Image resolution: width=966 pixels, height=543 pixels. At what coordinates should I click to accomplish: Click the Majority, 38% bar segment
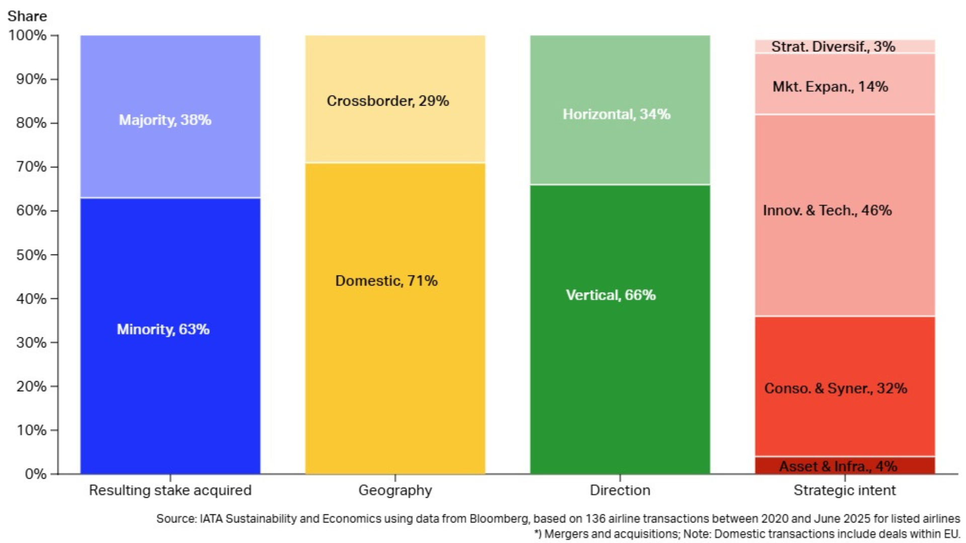click(170, 117)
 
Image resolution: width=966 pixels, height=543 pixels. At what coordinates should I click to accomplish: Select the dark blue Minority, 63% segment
click(170, 335)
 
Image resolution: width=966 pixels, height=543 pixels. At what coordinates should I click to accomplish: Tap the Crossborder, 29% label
click(387, 101)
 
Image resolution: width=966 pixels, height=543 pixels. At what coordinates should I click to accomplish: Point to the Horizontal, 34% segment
click(620, 110)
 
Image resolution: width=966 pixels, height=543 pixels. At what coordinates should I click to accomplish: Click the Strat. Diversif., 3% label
click(833, 47)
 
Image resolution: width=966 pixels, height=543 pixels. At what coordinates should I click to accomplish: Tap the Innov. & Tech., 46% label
click(827, 210)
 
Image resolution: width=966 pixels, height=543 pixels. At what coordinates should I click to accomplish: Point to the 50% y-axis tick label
click(31, 255)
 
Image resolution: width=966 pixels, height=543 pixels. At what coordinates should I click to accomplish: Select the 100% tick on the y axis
click(28, 35)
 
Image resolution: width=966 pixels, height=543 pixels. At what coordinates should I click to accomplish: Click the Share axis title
click(27, 16)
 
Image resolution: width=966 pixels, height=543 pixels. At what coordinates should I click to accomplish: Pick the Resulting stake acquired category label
click(170, 490)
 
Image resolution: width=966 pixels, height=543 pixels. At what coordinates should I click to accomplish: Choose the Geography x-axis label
click(395, 490)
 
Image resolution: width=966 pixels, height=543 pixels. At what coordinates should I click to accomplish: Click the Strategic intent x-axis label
click(844, 490)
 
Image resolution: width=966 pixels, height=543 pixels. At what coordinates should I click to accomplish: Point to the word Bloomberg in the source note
click(499, 519)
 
